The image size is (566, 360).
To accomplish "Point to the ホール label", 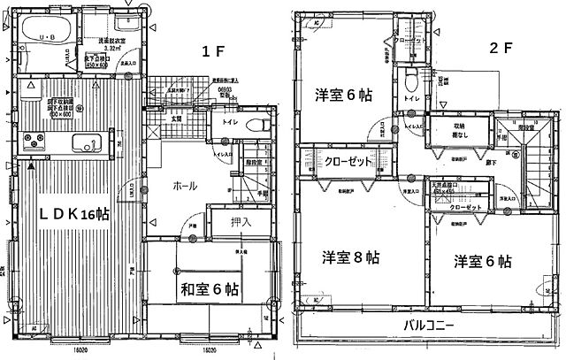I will [184, 186].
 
